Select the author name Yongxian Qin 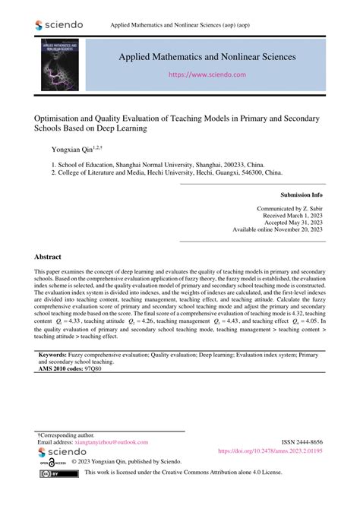72,150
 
